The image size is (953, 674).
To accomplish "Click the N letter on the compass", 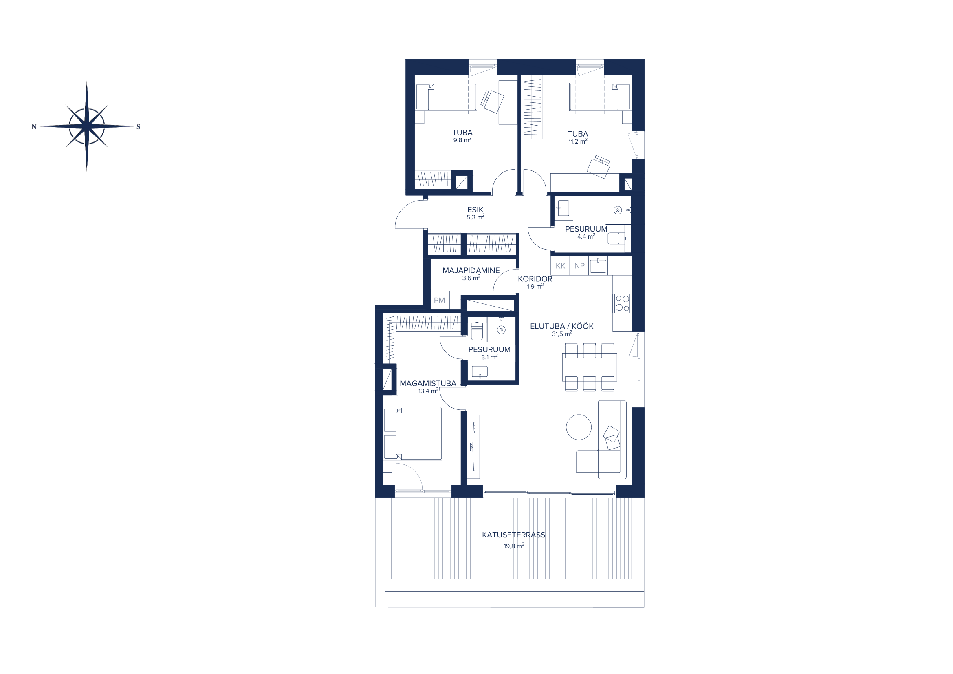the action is pos(34,127).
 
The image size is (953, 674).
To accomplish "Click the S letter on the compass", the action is pos(138,127).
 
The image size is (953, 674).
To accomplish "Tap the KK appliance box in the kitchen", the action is pos(560,266).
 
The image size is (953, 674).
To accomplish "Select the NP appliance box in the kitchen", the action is pos(579,266).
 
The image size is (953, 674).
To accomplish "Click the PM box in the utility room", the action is pos(440,300).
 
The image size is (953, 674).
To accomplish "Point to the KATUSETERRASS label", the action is pos(513,535).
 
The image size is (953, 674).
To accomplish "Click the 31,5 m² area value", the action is pos(561,334).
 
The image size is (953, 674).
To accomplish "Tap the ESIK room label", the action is pos(475,210).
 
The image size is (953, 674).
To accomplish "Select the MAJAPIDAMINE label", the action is pos(471,270).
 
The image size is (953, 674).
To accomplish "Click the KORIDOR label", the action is pos(535,279).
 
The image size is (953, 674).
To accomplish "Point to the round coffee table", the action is pos(579,427).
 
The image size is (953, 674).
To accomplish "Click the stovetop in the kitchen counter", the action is pos(622,303).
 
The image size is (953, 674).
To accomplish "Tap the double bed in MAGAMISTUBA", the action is pos(413,433).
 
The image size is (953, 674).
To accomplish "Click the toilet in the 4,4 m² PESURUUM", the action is pos(616,239).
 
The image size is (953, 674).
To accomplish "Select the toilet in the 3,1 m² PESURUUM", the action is pos(477,331).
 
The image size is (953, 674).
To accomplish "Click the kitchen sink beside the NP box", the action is pos(598,266).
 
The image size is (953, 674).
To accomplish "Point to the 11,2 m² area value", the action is pos(578,141).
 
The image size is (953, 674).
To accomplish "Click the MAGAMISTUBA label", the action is pos(428,384).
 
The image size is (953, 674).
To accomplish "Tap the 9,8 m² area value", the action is pos(462,140).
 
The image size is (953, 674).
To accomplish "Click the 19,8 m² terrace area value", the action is pos(514,546).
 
